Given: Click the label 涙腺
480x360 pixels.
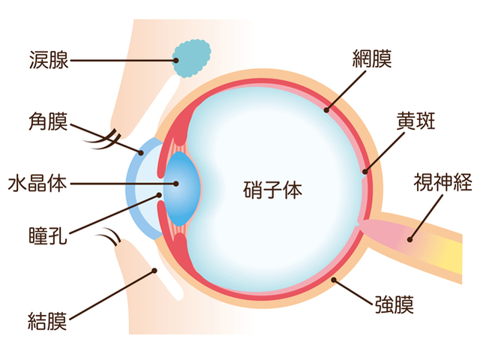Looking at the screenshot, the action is (x=49, y=60).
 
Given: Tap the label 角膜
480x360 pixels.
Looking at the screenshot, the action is (x=48, y=121).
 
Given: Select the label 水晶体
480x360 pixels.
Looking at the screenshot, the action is (x=37, y=184).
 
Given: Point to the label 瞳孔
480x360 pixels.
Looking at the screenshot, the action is (x=48, y=235).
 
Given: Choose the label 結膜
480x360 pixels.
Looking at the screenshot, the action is (x=47, y=321).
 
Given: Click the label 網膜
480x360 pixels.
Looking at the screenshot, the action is (x=372, y=58).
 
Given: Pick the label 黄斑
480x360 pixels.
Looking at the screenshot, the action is (x=415, y=120).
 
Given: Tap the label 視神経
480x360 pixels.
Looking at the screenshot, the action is (x=442, y=182).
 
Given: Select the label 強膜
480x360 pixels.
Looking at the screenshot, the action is (x=394, y=304).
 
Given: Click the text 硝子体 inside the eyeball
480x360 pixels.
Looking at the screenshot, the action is (x=273, y=190).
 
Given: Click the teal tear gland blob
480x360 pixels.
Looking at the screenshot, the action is (x=192, y=58).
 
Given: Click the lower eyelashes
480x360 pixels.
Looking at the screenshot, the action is (x=108, y=236).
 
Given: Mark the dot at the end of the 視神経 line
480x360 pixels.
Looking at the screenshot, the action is (x=410, y=240).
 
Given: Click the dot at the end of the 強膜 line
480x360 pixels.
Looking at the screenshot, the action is (x=334, y=280).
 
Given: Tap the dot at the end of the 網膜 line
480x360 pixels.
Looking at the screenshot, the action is (x=327, y=110).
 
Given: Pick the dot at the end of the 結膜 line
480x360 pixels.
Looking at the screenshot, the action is (x=154, y=271).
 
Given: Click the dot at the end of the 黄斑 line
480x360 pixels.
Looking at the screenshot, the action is (x=365, y=171).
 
